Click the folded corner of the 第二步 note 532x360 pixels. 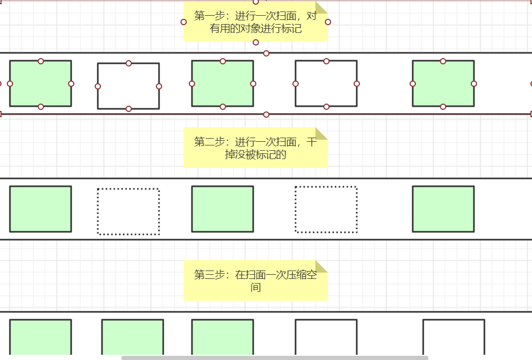[x=321, y=133]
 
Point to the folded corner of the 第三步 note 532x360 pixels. [x=321, y=266]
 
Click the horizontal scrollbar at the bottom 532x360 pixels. [x=275, y=358]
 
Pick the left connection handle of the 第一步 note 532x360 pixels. [x=184, y=22]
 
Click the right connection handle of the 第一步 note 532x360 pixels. [x=328, y=22]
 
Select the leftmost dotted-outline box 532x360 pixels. [x=128, y=211]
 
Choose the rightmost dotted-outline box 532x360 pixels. [x=326, y=209]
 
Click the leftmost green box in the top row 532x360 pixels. [x=40, y=84]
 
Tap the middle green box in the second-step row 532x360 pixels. [x=222, y=209]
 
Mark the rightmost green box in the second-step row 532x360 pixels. [x=443, y=209]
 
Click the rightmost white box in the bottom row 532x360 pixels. [x=454, y=337]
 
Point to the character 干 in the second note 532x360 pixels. [x=311, y=142]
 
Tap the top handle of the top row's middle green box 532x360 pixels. [x=223, y=61]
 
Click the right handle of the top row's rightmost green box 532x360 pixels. [x=474, y=84]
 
